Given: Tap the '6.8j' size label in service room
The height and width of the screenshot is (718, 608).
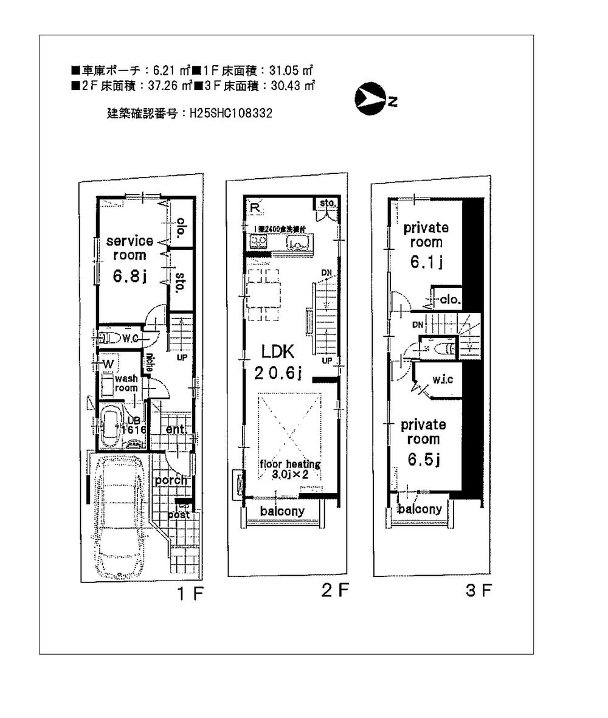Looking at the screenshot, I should [x=129, y=277].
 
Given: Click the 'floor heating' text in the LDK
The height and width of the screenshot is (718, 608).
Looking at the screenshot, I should [x=289, y=464].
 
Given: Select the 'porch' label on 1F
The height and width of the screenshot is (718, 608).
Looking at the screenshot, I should [x=171, y=480].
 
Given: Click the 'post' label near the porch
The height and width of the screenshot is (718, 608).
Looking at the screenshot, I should [x=179, y=514].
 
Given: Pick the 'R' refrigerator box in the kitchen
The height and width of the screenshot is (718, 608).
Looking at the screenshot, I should [x=254, y=207].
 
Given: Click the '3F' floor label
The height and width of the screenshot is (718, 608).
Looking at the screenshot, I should [x=478, y=590].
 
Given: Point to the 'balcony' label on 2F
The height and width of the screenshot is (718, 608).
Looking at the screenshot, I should [x=282, y=511].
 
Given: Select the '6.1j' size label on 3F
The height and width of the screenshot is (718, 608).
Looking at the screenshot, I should [x=426, y=262].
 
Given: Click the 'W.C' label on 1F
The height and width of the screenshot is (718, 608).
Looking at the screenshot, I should [x=130, y=338].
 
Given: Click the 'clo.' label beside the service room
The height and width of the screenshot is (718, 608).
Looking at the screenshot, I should [x=181, y=228].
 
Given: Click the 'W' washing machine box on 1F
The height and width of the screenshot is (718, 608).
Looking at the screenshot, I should [x=108, y=363].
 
